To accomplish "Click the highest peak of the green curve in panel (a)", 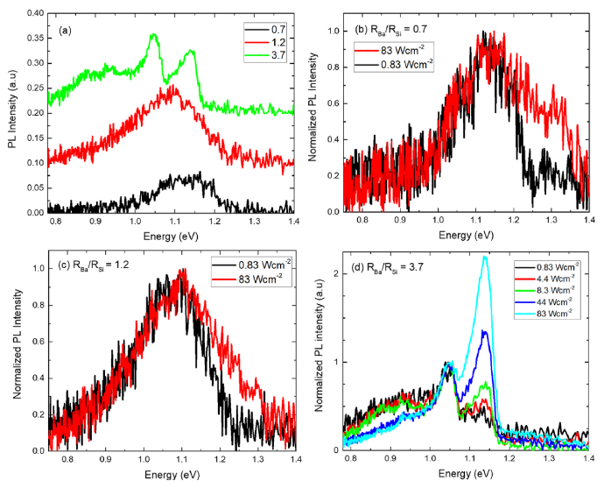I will pos(154,34).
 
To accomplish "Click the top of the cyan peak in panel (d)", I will pos(484,256).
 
